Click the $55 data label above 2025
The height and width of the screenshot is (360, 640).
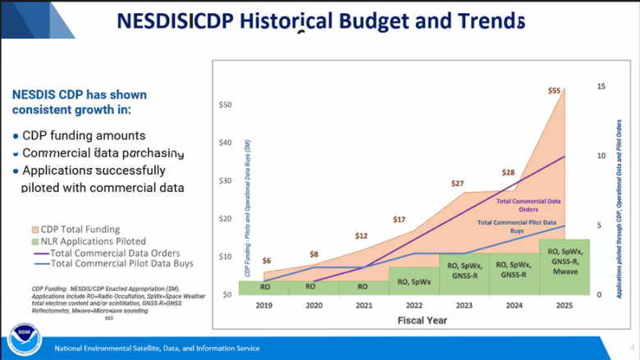point(555,91)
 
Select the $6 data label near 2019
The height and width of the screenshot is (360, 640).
point(267,261)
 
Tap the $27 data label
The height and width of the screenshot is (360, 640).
point(458,183)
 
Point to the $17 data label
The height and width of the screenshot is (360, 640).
point(399,219)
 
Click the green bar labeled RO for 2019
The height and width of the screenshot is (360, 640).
point(265,287)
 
